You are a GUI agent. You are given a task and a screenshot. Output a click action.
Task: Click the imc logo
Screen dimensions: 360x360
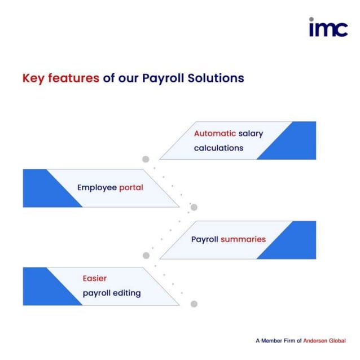(x=328, y=27)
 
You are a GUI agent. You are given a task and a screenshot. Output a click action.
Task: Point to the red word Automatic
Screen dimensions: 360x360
(x=215, y=134)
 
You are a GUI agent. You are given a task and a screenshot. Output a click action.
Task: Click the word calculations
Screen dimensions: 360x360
(x=218, y=148)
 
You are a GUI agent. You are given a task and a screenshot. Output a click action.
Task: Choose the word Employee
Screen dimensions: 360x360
(x=96, y=187)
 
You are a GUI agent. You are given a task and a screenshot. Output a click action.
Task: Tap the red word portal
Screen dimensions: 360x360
(x=131, y=188)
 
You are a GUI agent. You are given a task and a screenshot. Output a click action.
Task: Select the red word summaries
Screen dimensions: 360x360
(x=243, y=239)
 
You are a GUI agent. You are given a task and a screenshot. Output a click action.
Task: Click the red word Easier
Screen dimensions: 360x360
(x=94, y=278)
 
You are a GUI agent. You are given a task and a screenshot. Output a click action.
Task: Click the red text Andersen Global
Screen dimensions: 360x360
(x=324, y=341)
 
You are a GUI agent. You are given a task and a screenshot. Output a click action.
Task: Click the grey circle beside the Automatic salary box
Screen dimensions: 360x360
(x=146, y=159)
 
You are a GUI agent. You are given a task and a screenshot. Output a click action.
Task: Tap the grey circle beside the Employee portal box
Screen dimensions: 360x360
(x=194, y=207)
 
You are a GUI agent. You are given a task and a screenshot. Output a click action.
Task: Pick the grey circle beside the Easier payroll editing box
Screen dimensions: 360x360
(x=194, y=304)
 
